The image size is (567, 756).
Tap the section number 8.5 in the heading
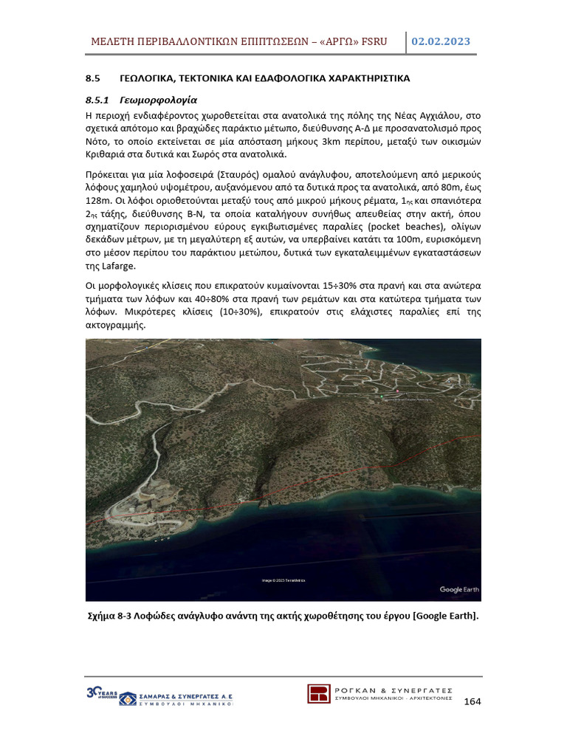92,78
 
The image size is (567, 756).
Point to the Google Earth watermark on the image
459,589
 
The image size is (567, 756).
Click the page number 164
472,701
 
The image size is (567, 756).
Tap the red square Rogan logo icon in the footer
319,695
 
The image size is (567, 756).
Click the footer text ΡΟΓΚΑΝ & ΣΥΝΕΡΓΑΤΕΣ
394,688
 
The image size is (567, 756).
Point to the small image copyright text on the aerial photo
283,580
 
